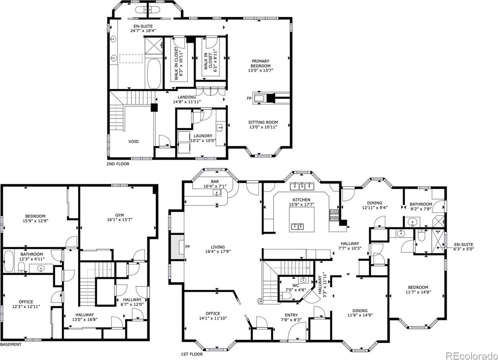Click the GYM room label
[120, 215]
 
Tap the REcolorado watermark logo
[471, 355]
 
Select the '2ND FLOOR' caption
[118, 164]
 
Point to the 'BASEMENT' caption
[11, 345]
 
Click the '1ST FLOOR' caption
[192, 354]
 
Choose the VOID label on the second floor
[133, 142]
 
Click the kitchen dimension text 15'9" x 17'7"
[301, 204]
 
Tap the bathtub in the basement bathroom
[9, 261]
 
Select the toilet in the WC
[285, 296]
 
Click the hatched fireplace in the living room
[178, 247]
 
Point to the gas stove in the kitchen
[334, 215]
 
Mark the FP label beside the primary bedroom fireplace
[249, 98]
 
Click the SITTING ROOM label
[263, 122]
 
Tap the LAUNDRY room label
[203, 136]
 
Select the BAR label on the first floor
[215, 182]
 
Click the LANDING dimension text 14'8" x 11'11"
[187, 102]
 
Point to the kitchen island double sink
[298, 227]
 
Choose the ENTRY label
[291, 315]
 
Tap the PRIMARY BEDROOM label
[260, 64]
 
